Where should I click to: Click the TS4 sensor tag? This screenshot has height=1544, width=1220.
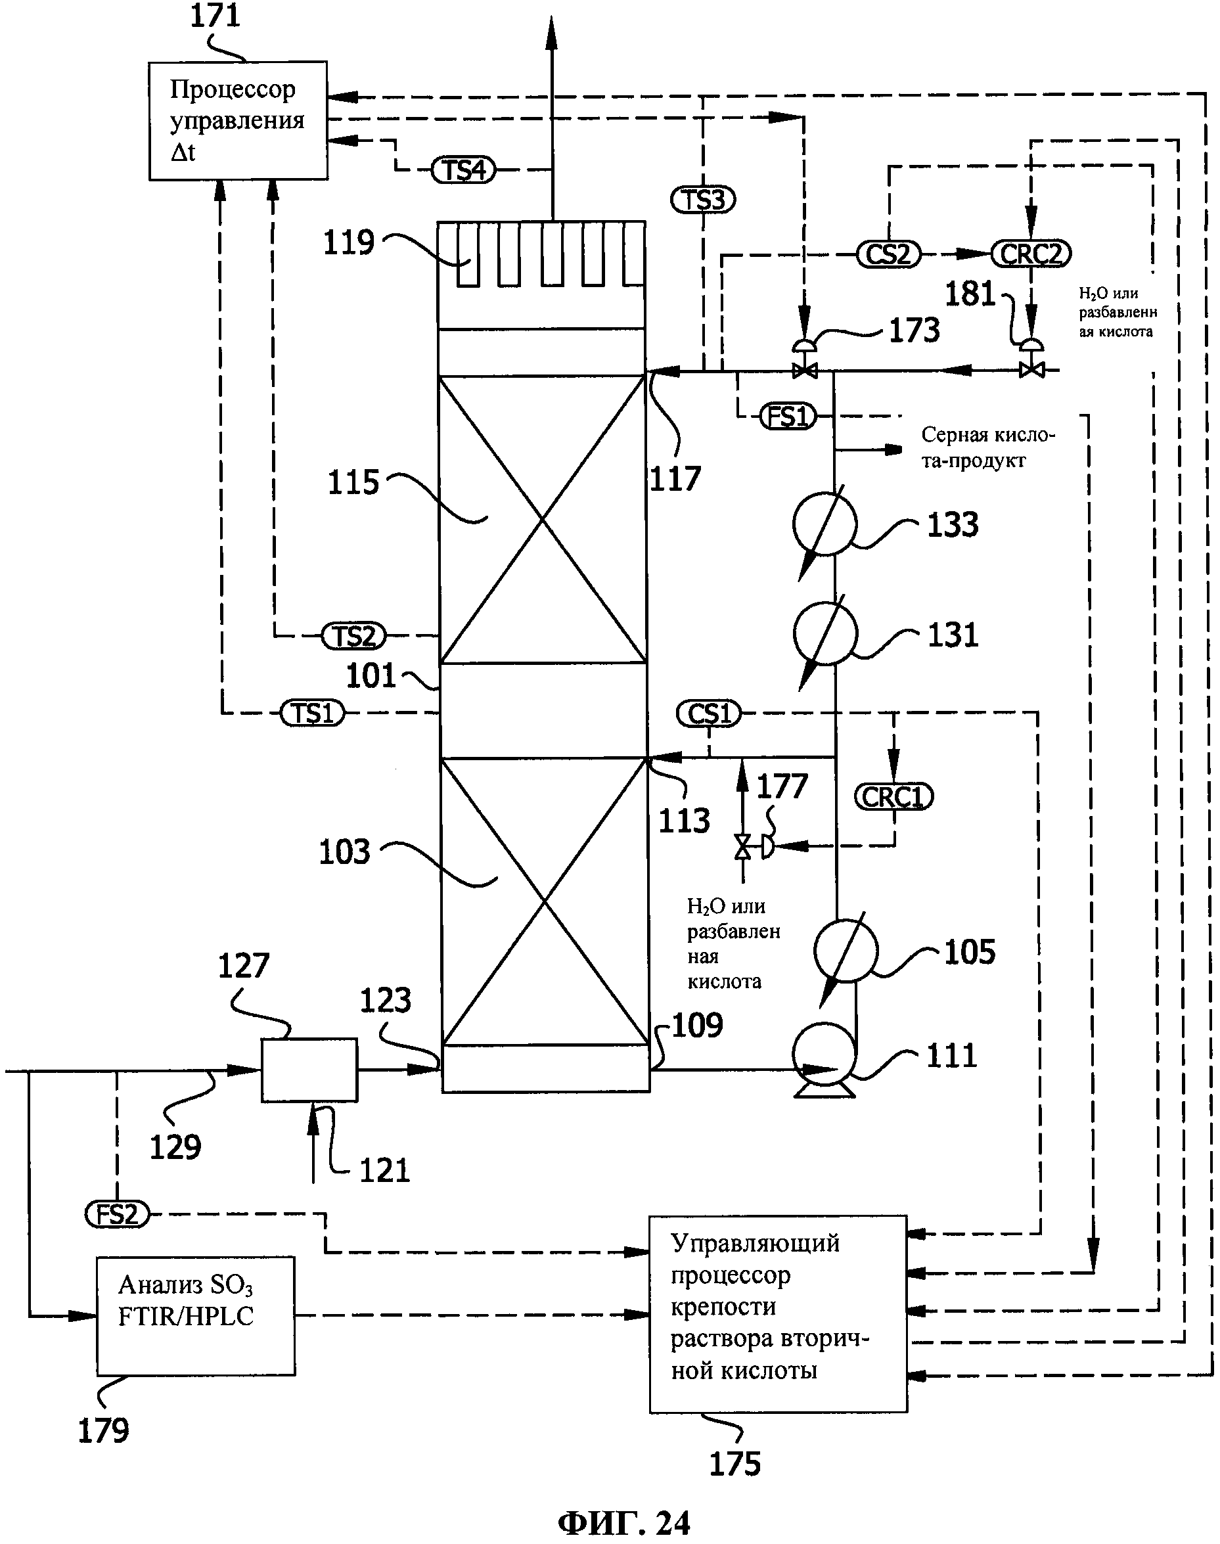[x=464, y=170]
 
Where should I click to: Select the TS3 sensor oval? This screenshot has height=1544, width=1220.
[x=703, y=200]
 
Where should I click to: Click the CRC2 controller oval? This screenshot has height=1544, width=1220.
[x=1031, y=254]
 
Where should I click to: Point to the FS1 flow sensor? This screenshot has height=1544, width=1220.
[x=786, y=417]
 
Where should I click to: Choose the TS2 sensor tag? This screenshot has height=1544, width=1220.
[x=353, y=635]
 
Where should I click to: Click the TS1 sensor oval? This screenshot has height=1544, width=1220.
[x=312, y=713]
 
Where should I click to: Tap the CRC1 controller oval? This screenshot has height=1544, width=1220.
[x=893, y=797]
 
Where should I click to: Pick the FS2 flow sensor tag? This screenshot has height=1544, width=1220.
[x=117, y=1214]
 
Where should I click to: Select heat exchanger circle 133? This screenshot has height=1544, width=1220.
[x=825, y=524]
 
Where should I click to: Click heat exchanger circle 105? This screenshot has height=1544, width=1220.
[x=846, y=951]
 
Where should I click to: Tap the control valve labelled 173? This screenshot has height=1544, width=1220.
[x=805, y=363]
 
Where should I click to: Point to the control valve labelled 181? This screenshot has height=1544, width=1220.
[x=1031, y=363]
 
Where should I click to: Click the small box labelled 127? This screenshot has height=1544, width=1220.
[x=309, y=1070]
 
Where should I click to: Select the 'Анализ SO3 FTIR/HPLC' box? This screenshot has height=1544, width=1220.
[x=196, y=1315]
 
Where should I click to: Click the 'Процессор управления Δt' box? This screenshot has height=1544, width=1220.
[x=238, y=121]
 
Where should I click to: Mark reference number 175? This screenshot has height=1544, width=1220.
[x=734, y=1464]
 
